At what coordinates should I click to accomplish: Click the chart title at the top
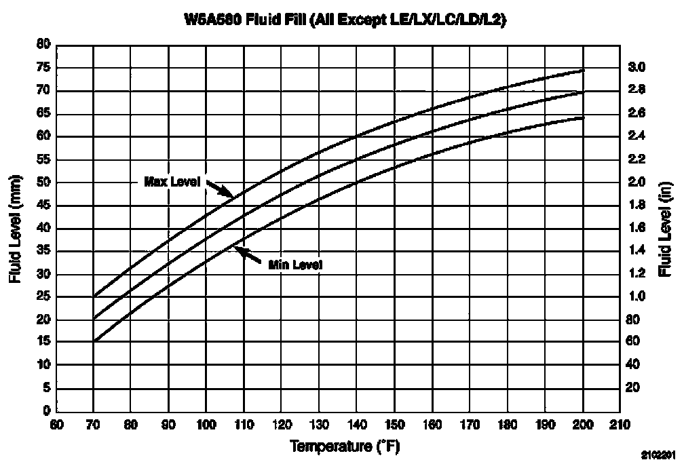[345, 20]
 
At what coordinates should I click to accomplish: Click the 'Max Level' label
[172, 181]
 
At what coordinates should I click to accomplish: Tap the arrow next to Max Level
[219, 188]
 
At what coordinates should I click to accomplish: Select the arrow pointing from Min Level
[248, 254]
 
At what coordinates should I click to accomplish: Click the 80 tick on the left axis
[44, 45]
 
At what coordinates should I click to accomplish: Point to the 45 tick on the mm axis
[44, 205]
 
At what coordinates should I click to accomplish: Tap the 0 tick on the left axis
[47, 411]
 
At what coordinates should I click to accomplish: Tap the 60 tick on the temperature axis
[56, 425]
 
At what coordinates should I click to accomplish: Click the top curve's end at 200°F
[582, 70]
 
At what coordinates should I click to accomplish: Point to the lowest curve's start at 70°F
[95, 341]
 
